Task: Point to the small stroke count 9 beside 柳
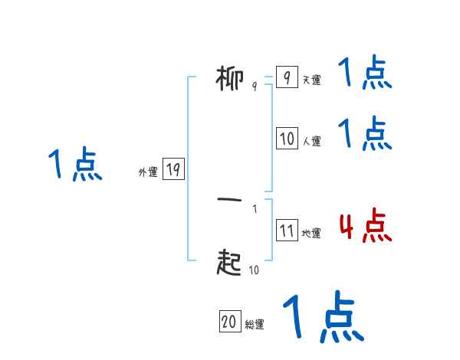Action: [x=255, y=87]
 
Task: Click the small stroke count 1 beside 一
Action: [x=255, y=208]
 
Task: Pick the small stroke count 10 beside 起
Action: [x=255, y=270]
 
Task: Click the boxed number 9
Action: [x=286, y=78]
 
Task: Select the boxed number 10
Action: [x=286, y=139]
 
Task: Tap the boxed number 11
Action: [x=286, y=231]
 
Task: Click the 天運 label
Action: [x=311, y=80]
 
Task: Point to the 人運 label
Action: [x=311, y=141]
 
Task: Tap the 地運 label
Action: [x=311, y=234]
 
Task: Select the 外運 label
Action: [x=147, y=172]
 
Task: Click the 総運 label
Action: [x=255, y=324]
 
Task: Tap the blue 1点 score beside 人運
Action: [x=365, y=134]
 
